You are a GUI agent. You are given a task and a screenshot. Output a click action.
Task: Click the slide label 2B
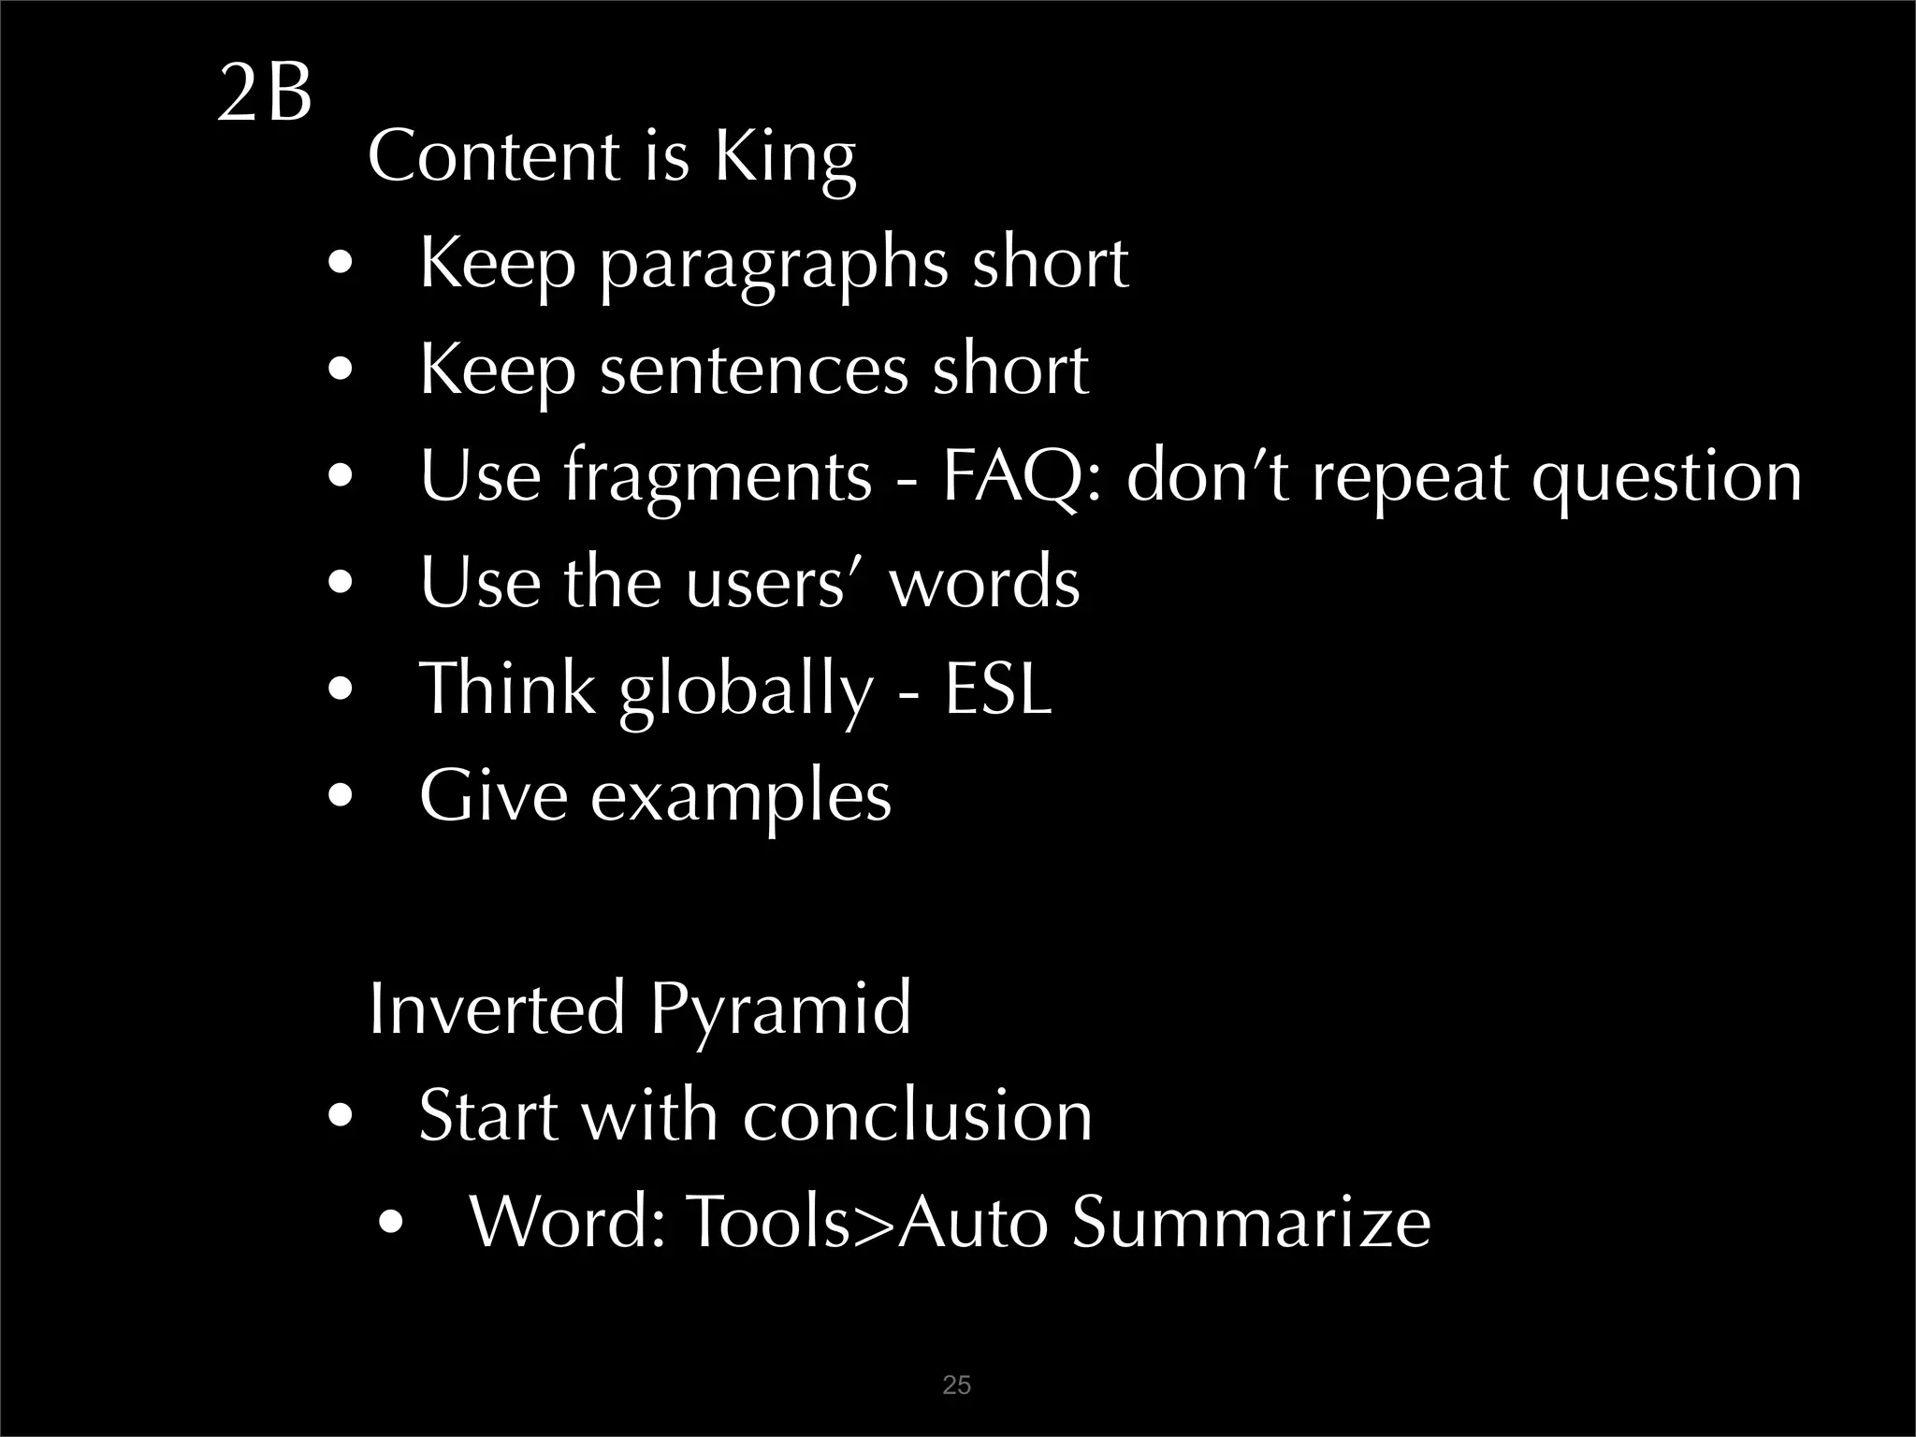pos(264,94)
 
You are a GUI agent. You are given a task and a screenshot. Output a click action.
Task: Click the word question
pos(1665,478)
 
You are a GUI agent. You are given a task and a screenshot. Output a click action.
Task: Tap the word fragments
pos(718,480)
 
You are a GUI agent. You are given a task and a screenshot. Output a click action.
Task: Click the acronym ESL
pos(997,689)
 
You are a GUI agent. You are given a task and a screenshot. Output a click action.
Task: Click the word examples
pos(740,798)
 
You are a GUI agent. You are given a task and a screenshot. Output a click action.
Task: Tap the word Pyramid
pos(779,1011)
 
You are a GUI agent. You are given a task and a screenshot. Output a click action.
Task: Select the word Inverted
pos(497,1009)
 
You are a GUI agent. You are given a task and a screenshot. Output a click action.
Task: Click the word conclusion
pos(917,1116)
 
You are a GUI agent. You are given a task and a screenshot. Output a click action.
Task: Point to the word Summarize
pos(1251,1223)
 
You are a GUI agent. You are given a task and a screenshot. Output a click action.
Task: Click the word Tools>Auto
pos(866,1223)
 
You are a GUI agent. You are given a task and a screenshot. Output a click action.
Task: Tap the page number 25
pos(956,1386)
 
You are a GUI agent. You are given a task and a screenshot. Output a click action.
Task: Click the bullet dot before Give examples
pos(341,797)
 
